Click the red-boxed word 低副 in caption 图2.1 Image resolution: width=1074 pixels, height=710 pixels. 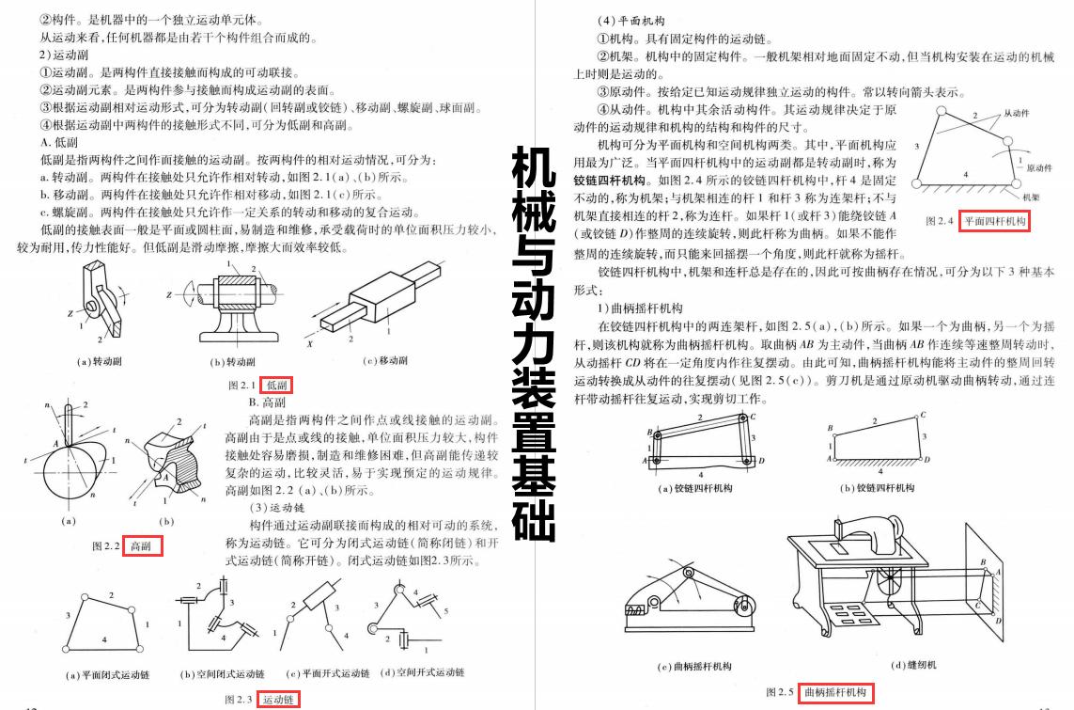pos(278,385)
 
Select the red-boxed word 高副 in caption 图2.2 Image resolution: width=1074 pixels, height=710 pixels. pos(142,545)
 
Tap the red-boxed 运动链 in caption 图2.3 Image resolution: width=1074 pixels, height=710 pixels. pos(278,700)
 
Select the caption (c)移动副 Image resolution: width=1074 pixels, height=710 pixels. pos(384,360)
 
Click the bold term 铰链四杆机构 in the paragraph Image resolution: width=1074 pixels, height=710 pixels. pos(609,179)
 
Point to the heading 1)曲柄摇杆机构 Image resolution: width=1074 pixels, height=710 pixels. pos(640,308)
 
